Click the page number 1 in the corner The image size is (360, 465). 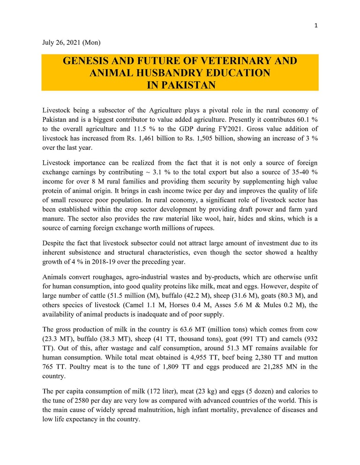pyautogui.click(x=316, y=25)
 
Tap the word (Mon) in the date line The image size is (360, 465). pyautogui.click(x=91, y=43)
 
